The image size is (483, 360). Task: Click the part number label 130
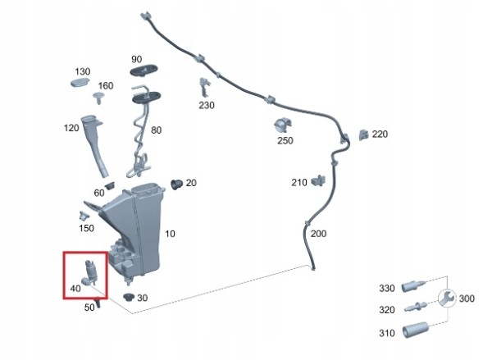pyautogui.click(x=83, y=71)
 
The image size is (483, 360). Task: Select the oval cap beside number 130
pyautogui.click(x=80, y=82)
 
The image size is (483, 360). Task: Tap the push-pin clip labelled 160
pyautogui.click(x=98, y=98)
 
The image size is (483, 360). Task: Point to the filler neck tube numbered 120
pyautogui.click(x=94, y=145)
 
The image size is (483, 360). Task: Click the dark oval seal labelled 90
pyautogui.click(x=144, y=70)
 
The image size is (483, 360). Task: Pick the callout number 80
pyautogui.click(x=156, y=130)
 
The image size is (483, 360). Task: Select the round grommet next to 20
pyautogui.click(x=176, y=184)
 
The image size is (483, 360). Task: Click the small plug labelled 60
pyautogui.click(x=109, y=185)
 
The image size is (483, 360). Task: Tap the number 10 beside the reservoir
pyautogui.click(x=170, y=234)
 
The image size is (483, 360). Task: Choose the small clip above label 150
pyautogui.click(x=83, y=216)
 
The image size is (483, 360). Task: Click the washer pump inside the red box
pyautogui.click(x=89, y=272)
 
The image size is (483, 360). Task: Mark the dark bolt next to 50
pyautogui.click(x=98, y=303)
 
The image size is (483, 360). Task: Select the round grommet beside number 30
pyautogui.click(x=129, y=297)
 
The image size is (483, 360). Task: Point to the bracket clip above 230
pyautogui.click(x=204, y=87)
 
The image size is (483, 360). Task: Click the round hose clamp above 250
pyautogui.click(x=283, y=125)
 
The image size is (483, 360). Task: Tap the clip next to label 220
pyautogui.click(x=363, y=134)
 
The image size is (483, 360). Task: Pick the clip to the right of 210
pyautogui.click(x=318, y=180)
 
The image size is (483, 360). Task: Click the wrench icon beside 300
pyautogui.click(x=446, y=298)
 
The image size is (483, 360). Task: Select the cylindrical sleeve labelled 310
pyautogui.click(x=415, y=330)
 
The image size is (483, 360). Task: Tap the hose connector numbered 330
pyautogui.click(x=413, y=286)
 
